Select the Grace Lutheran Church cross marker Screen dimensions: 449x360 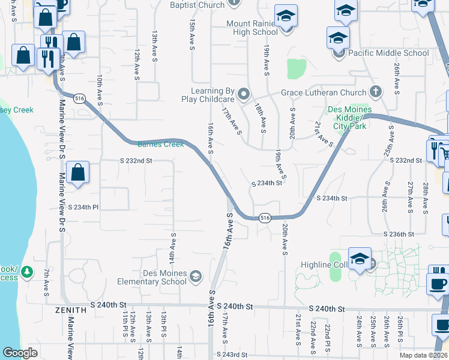click(376, 92)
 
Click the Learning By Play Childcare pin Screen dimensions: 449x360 click(244, 94)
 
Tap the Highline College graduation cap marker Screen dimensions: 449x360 click(360, 259)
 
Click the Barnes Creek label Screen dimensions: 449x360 click(160, 144)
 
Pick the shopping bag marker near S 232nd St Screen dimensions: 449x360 click(78, 173)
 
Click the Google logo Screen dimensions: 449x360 click(20, 353)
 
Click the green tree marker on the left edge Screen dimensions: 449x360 click(26, 273)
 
